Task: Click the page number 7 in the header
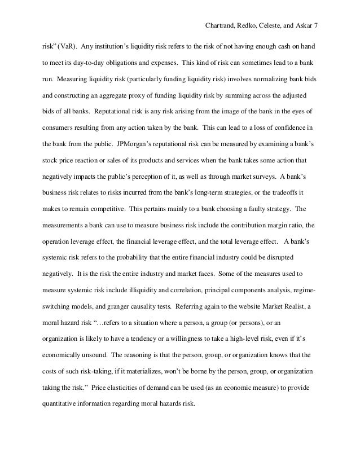tap(317, 26)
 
